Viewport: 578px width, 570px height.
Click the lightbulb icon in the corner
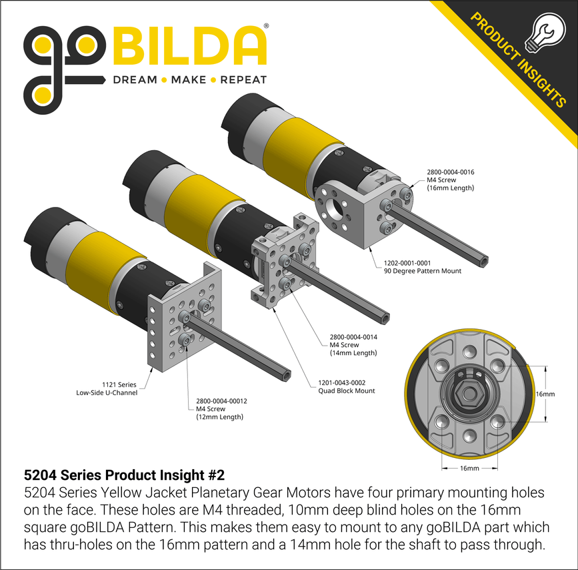point(543,31)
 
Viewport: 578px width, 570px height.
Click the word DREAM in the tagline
point(134,80)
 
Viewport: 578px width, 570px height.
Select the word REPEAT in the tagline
point(243,80)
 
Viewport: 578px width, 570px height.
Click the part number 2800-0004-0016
point(450,172)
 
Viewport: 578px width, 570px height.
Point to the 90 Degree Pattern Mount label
point(422,271)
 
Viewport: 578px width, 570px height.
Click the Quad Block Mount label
point(346,391)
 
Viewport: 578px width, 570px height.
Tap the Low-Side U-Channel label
point(107,393)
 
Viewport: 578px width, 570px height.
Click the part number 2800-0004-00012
point(221,401)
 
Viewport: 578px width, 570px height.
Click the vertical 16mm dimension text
point(545,394)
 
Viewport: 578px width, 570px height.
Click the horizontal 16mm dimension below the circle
point(469,469)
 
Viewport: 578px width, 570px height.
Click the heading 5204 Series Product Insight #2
point(124,476)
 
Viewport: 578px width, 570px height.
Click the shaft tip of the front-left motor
point(287,375)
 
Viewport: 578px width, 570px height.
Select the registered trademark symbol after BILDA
point(267,27)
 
